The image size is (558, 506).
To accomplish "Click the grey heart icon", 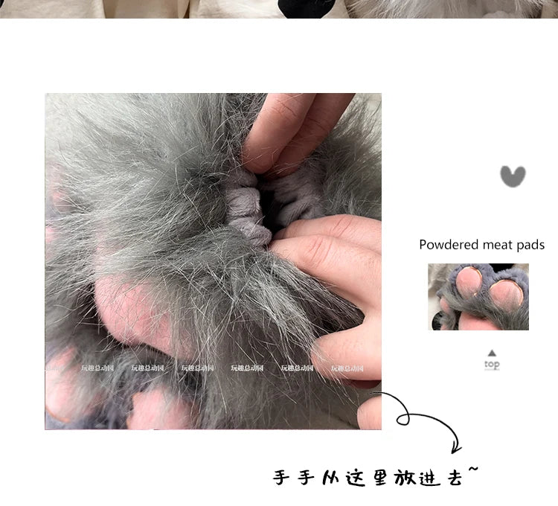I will tap(512, 176).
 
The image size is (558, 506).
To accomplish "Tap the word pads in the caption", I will tap(531, 245).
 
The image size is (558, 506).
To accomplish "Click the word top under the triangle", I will tap(492, 365).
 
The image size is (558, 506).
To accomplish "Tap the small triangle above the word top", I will tap(492, 353).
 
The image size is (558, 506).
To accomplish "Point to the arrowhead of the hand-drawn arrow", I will tap(455, 447).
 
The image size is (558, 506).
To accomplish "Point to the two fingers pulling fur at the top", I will tap(294, 130).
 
